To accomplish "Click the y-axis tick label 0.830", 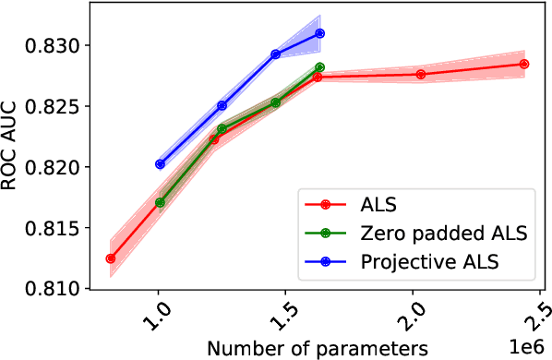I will pos(56,45).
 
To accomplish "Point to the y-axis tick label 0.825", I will pos(56,106).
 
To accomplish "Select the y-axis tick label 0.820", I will pos(56,167).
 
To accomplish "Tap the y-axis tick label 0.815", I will pos(56,228).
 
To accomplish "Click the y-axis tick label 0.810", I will pos(56,288).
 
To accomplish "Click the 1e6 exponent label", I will pos(528,346).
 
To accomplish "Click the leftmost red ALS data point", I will pos(111,258).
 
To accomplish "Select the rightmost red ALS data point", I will pos(524,64).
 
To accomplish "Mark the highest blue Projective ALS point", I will pos(319,33).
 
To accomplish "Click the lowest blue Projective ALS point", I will pos(160,164).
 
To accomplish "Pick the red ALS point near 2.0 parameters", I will pos(421,74).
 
